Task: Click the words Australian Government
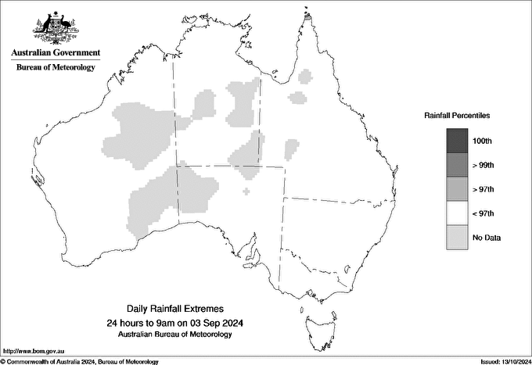(x=56, y=53)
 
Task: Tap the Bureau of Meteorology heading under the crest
(x=56, y=68)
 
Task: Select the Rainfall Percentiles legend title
(x=457, y=116)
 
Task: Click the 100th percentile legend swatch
(x=458, y=141)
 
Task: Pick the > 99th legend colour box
(x=458, y=165)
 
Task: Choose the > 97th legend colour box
(x=458, y=189)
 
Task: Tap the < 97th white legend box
(x=458, y=213)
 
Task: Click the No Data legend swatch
(x=458, y=238)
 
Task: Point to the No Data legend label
(x=487, y=238)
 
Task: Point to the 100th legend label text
(x=483, y=141)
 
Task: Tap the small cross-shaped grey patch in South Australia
(x=247, y=191)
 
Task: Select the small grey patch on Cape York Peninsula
(x=305, y=76)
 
